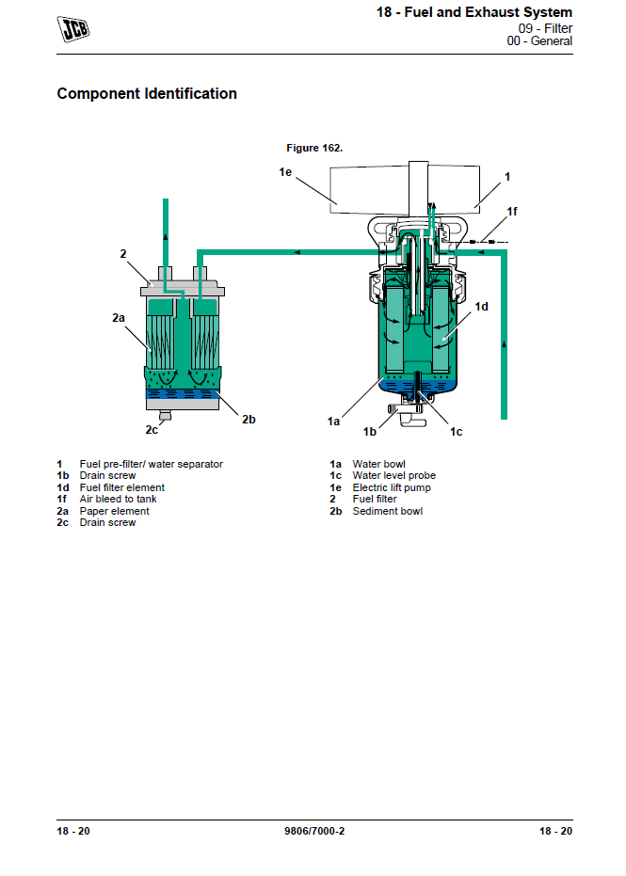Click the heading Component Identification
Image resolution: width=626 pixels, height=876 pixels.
point(147,94)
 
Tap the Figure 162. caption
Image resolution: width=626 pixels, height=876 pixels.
point(314,148)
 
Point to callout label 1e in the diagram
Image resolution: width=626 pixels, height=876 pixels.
point(286,171)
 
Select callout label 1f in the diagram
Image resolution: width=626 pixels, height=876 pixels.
point(512,212)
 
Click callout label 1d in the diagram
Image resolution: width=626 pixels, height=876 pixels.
point(481,306)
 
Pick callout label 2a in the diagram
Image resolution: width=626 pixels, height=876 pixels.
point(119,318)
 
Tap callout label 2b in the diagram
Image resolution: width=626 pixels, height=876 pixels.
point(249,420)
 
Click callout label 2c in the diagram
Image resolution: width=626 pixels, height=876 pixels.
point(152,430)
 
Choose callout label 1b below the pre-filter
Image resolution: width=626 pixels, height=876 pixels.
point(370,431)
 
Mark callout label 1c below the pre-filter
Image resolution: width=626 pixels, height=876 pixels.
point(456,431)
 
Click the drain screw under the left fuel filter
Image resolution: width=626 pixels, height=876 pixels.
point(165,415)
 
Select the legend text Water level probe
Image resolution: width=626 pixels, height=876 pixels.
point(393,476)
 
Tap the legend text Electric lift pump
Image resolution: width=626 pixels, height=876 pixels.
point(392,487)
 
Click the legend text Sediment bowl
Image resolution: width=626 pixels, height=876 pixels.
point(387,511)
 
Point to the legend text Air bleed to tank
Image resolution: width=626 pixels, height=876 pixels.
point(118,500)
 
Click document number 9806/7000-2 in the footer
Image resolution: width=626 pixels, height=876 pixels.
point(313,831)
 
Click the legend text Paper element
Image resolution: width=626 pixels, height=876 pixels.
point(114,511)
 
